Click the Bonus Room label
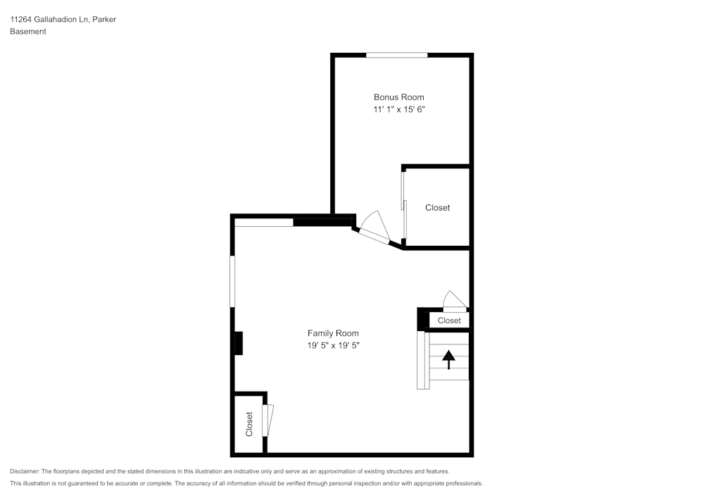[398, 97]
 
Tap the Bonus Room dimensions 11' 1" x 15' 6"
[399, 110]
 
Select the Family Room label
[333, 333]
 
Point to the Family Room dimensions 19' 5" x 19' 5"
[333, 346]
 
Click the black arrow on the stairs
[448, 360]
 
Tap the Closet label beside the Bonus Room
[437, 208]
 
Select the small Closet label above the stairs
[449, 320]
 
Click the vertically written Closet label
[249, 424]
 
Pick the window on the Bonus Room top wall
[396, 54]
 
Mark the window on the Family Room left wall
[232, 281]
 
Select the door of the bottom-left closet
[267, 421]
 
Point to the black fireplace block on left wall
[239, 343]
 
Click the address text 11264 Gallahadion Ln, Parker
[63, 20]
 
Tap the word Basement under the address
[28, 32]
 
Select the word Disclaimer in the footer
[25, 471]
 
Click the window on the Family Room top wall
[264, 223]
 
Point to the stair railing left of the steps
[422, 360]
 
